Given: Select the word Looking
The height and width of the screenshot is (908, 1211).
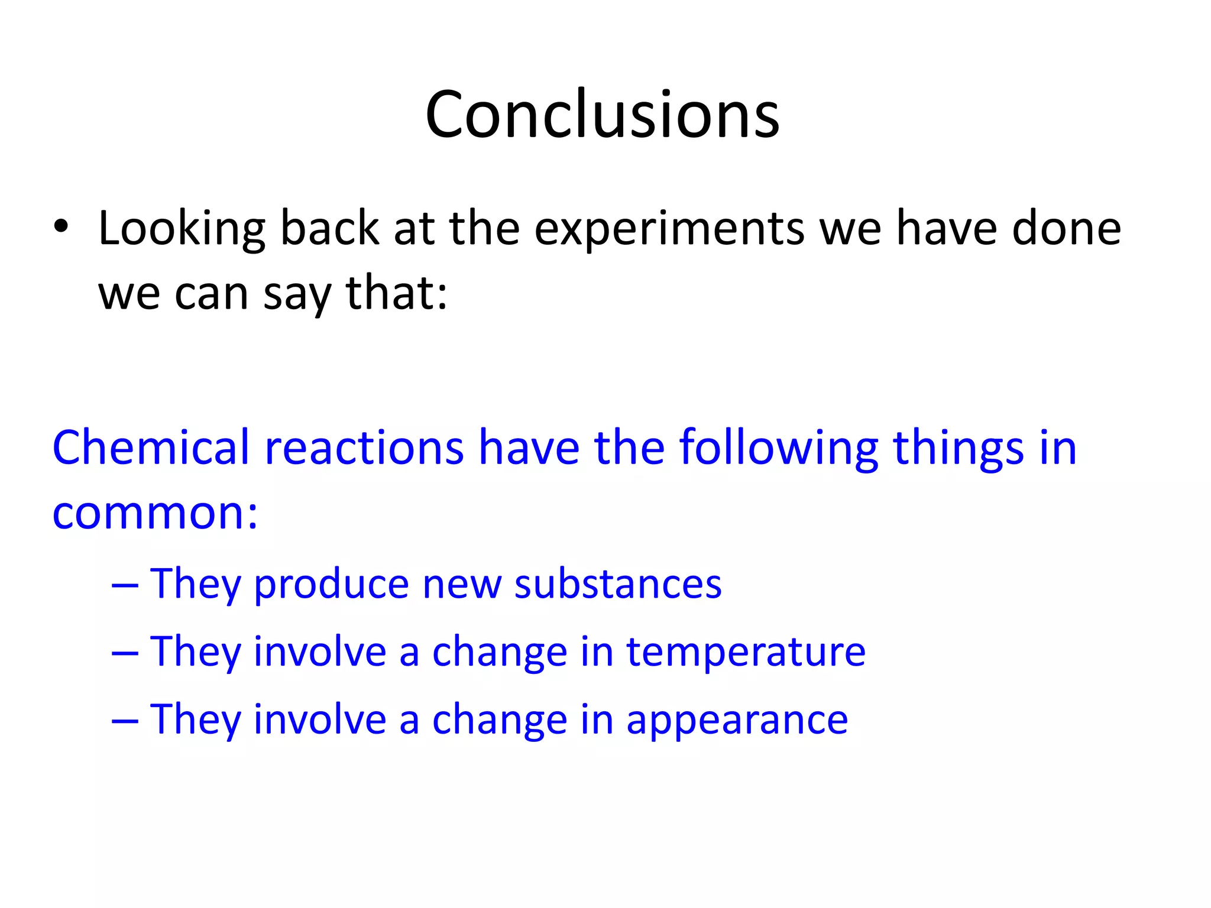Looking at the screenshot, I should (x=182, y=229).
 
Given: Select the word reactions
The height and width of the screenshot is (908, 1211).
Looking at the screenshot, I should (x=364, y=448).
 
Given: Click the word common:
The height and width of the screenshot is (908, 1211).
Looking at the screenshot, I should (x=155, y=513).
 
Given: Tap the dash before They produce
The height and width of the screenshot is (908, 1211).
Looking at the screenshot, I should (x=125, y=586).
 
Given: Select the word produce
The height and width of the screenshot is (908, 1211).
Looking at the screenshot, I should (x=331, y=585).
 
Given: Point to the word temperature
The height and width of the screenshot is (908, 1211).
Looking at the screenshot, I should (x=746, y=652).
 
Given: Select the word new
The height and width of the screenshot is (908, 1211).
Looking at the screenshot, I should (x=461, y=585).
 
